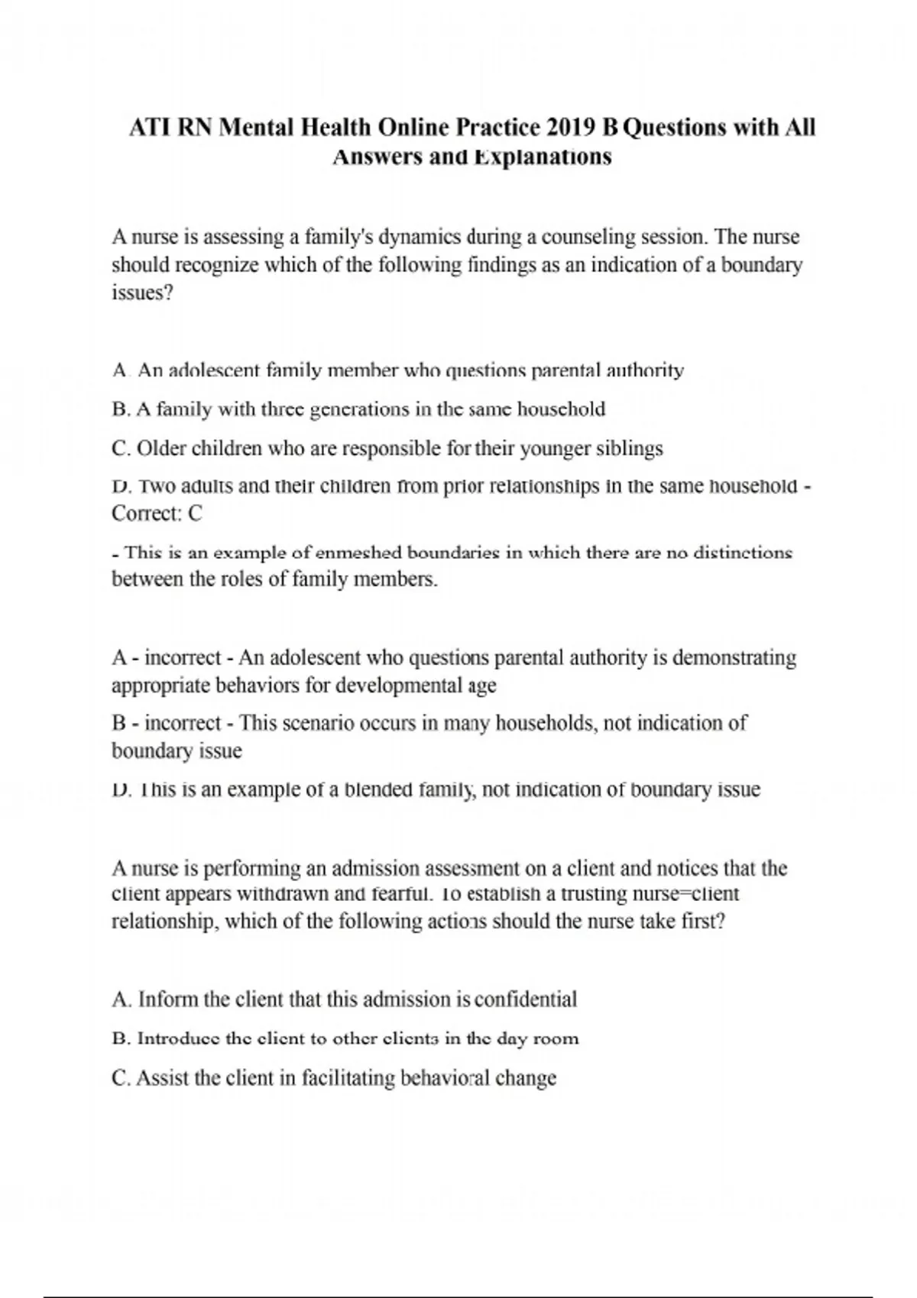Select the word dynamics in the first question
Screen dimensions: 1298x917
pos(420,237)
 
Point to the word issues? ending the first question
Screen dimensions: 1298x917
pos(143,293)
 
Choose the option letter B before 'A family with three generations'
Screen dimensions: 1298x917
pos(120,409)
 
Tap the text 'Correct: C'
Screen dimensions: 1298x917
pos(157,513)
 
